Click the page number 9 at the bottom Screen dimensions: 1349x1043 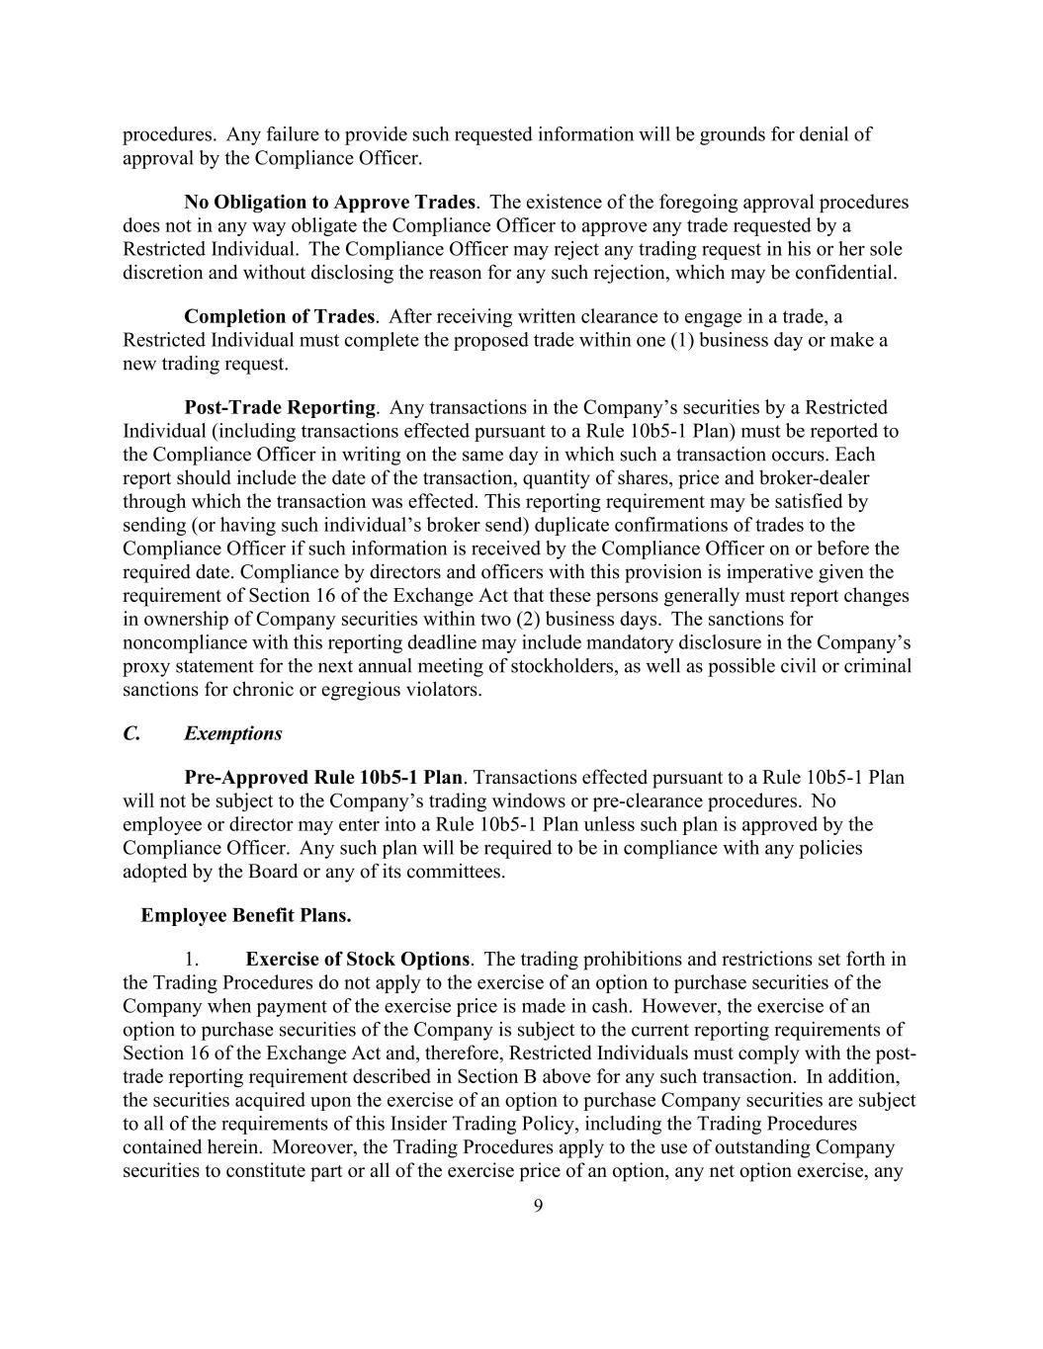click(x=538, y=1205)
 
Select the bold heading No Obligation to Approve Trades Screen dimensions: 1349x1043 click(x=329, y=203)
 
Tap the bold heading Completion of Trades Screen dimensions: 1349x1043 click(x=279, y=316)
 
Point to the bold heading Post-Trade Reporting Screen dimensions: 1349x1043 click(x=280, y=407)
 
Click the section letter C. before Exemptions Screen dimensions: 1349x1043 click(x=131, y=733)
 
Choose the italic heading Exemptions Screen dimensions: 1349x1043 click(x=232, y=733)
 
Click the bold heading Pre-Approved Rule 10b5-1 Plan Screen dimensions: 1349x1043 click(x=323, y=777)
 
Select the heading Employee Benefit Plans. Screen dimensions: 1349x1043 click(x=245, y=915)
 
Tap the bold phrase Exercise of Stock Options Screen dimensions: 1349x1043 click(x=357, y=959)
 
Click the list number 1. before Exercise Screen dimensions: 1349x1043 click(x=193, y=959)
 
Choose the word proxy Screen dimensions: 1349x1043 click(x=144, y=666)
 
